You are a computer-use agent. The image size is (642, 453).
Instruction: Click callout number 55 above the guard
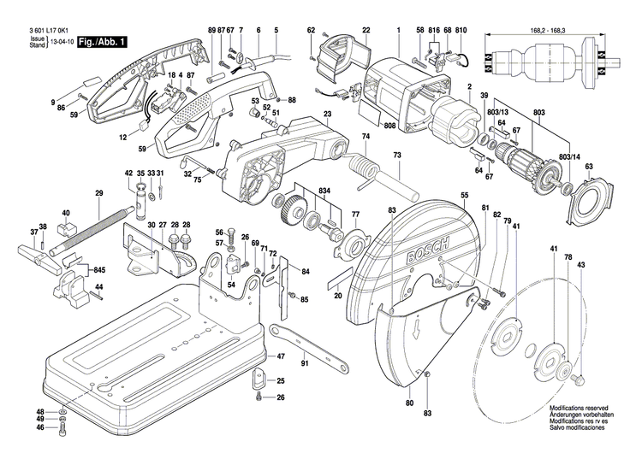[464, 196]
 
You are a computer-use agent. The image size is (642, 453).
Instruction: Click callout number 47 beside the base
[281, 356]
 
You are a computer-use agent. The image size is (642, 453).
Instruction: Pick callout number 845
[100, 269]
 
